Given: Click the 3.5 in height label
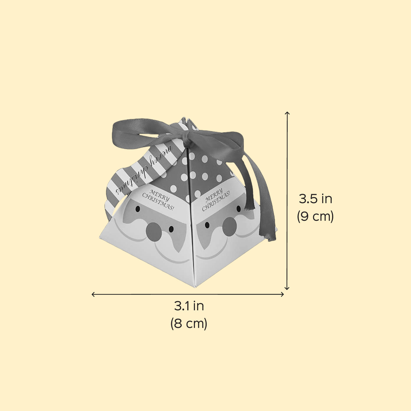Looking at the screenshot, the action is [x=315, y=199].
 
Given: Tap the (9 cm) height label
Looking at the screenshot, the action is [x=315, y=216].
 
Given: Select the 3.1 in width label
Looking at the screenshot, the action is [x=189, y=306].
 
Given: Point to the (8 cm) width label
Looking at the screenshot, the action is [x=189, y=323].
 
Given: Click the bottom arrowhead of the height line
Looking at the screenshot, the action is [x=287, y=288].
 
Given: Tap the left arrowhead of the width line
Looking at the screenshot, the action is [x=93, y=294].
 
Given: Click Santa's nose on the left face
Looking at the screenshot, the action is [x=154, y=232].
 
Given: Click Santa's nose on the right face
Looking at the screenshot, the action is [x=230, y=227].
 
